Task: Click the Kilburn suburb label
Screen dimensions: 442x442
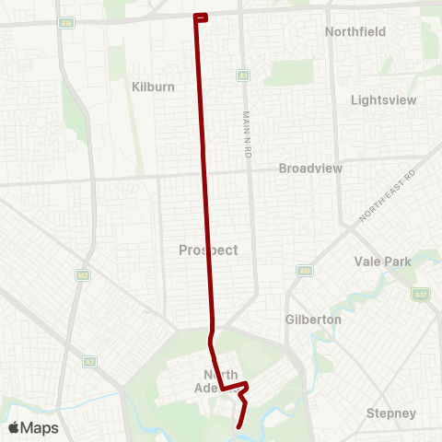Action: (154, 85)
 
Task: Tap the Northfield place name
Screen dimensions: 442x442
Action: (355, 31)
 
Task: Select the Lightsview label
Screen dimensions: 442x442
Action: (384, 99)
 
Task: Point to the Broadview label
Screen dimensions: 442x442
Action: (310, 169)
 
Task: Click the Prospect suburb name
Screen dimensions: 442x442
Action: (208, 250)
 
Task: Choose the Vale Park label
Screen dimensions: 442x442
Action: (382, 262)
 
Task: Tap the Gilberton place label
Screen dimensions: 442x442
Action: (312, 320)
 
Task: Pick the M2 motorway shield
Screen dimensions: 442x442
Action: (83, 274)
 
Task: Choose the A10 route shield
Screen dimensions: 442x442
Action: (303, 271)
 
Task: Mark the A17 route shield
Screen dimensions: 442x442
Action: (421, 295)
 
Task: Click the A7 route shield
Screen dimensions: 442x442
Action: (89, 361)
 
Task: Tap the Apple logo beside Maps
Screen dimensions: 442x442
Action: (14, 427)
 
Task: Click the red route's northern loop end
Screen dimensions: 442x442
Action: (202, 17)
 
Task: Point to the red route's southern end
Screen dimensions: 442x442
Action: (239, 426)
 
